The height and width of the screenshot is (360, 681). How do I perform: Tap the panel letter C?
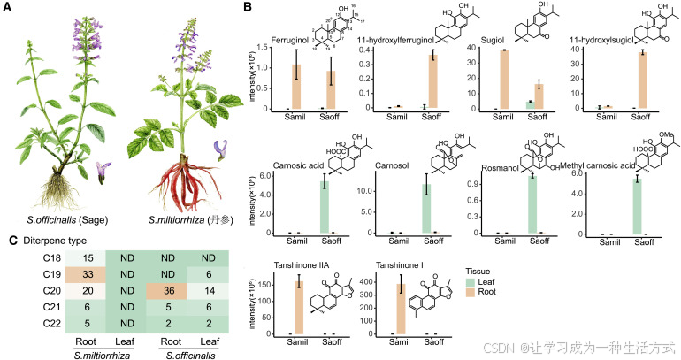pyautogui.click(x=8, y=240)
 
